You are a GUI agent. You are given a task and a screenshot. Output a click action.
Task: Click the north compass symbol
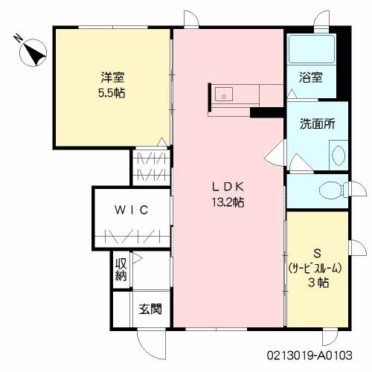33,53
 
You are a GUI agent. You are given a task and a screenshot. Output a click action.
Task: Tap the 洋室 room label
112,77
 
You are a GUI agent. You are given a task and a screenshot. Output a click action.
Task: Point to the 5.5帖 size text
112,93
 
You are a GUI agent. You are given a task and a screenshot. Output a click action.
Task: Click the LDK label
228,187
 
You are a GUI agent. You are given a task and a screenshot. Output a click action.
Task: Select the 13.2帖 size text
228,202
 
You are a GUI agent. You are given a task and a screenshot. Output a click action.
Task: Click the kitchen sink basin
224,94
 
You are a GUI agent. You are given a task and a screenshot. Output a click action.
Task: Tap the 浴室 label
310,77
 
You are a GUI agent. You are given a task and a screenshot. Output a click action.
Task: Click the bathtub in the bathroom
312,49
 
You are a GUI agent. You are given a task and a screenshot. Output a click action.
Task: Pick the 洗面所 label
318,124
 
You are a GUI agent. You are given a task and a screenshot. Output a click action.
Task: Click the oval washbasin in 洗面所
339,155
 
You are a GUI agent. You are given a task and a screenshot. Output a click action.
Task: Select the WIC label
131,210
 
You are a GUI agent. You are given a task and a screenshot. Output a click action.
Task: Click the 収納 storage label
121,269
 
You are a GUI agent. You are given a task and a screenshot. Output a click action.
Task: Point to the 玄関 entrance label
150,309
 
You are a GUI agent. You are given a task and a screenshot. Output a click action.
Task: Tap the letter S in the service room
317,254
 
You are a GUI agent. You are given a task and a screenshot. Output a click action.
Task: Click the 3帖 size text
318,283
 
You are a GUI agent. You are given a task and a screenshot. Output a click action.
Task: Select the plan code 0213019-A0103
310,355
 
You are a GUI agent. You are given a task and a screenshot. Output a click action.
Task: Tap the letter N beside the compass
18,39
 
